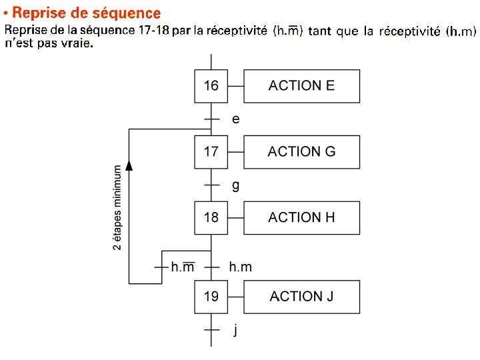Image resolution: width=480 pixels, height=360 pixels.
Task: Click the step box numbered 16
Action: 211,86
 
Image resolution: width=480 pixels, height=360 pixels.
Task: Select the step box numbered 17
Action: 211,152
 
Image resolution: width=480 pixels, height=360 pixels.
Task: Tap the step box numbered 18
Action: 211,217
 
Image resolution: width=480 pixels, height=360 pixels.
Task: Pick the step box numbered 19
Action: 211,297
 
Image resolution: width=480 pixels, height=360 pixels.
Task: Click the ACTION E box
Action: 301,86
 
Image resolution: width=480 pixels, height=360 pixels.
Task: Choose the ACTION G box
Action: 301,152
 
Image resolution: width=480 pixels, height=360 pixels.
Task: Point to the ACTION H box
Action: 301,217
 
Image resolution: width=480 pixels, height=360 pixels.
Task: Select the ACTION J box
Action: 301,297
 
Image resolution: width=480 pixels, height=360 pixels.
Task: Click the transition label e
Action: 235,119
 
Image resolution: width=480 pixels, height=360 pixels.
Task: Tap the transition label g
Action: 235,185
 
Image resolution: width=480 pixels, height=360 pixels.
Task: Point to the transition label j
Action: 235,330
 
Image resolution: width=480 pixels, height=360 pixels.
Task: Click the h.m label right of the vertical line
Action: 241,267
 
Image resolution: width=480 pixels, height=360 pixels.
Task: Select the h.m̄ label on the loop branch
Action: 183,267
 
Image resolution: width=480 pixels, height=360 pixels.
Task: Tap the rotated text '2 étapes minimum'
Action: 117,207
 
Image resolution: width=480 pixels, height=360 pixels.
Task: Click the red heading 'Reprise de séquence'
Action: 87,13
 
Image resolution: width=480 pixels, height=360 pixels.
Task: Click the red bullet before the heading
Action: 6,13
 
